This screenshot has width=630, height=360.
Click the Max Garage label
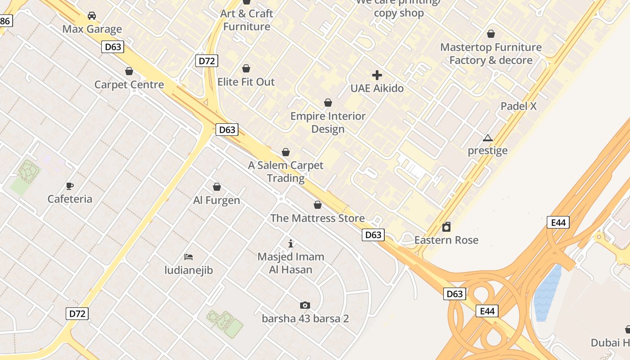(x=92, y=29)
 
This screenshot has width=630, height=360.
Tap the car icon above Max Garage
(x=92, y=16)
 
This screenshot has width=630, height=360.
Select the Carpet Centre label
(x=129, y=85)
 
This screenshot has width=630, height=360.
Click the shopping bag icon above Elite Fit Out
(x=246, y=68)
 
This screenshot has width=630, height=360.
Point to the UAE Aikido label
(x=377, y=88)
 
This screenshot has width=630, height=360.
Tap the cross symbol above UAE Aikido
(x=377, y=75)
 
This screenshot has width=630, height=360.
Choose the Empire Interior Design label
(x=328, y=122)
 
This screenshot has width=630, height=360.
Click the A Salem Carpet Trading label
(x=286, y=171)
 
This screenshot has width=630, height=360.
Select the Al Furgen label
(x=217, y=200)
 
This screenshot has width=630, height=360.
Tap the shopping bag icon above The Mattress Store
(x=318, y=205)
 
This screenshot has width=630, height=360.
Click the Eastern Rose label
(x=446, y=240)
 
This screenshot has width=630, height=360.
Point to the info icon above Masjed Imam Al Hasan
(x=291, y=243)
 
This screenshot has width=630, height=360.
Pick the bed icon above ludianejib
(x=189, y=257)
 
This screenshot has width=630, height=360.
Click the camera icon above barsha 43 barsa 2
(x=305, y=306)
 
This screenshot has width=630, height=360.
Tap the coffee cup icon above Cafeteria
(x=70, y=185)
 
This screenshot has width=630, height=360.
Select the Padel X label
(x=519, y=106)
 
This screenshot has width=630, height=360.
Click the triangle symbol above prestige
(x=488, y=138)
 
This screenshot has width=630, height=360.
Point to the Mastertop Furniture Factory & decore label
(x=491, y=54)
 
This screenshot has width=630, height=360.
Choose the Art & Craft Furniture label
(x=247, y=20)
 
